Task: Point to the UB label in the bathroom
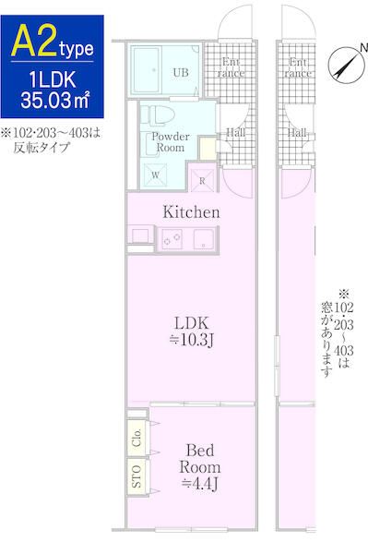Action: (x=181, y=70)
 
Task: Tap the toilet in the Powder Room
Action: (x=157, y=115)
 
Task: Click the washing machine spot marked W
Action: (x=154, y=174)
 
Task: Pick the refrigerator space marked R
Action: (x=202, y=179)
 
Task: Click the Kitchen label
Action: (x=191, y=212)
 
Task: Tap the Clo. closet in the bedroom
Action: (x=137, y=437)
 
